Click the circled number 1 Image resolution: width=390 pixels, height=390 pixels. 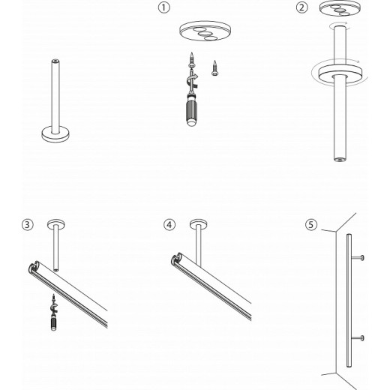pos(163,7)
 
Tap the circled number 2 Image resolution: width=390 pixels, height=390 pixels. pos(302,7)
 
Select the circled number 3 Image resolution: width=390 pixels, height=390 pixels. pos(27,223)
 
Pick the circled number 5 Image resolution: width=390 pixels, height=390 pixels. pos(311,223)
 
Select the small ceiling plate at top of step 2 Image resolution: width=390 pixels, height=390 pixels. pos(338,9)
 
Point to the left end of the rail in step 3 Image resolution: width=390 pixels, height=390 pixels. pos(34,266)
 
